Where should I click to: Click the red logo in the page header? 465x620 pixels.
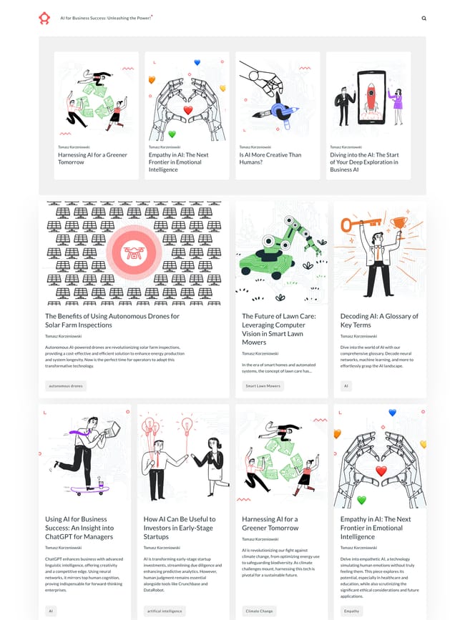tap(44, 18)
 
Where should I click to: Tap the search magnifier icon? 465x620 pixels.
tap(424, 19)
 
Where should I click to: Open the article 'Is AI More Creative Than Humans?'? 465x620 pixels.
tap(270, 158)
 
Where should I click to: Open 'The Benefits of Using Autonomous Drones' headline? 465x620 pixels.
tap(112, 320)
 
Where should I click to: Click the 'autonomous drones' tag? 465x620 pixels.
tap(65, 386)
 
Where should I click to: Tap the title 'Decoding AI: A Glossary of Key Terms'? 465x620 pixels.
tap(379, 320)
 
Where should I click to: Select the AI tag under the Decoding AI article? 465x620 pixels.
tap(346, 386)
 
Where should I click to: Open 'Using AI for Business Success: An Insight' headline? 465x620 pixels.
tap(79, 528)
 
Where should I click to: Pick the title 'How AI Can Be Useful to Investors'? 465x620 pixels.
tap(180, 528)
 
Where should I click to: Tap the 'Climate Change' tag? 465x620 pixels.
tap(258, 611)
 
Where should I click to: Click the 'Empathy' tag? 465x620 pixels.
tap(351, 611)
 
